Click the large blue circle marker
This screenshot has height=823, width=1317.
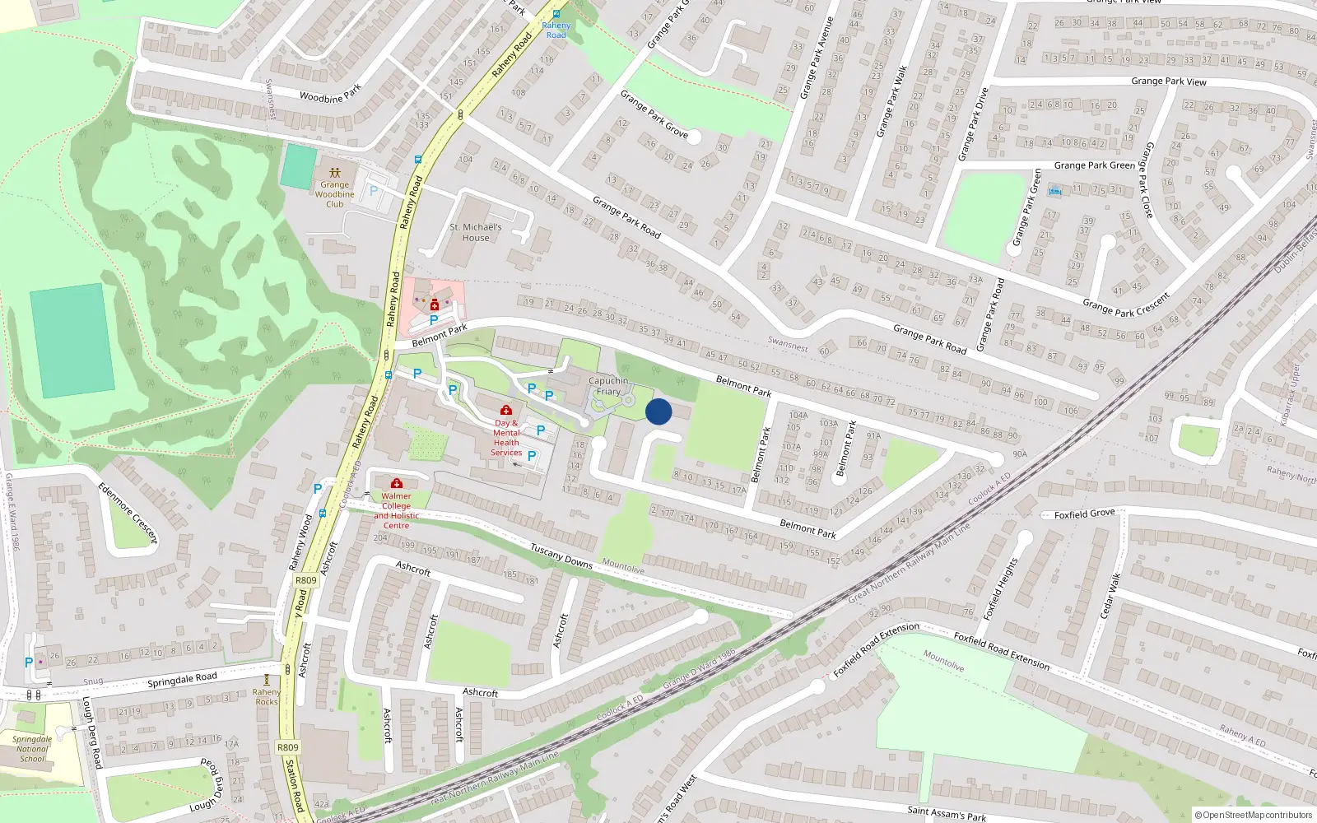(658, 411)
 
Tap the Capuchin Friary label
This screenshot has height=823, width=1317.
(608, 386)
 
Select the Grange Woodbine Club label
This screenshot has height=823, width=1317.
(334, 194)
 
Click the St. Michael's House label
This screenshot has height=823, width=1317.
(475, 232)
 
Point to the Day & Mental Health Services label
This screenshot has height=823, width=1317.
(506, 438)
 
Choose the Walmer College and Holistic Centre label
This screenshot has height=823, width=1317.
(396, 510)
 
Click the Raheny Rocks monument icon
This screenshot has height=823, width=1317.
(266, 680)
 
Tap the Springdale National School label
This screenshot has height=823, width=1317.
(32, 749)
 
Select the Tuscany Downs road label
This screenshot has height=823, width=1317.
(561, 556)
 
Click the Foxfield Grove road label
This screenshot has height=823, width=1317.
(1084, 514)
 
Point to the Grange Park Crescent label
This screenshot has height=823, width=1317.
(1125, 305)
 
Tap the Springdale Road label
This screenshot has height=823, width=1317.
(182, 680)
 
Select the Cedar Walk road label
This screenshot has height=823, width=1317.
(1110, 596)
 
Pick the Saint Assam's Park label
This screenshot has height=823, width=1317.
(946, 813)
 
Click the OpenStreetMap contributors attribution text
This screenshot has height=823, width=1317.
(1252, 815)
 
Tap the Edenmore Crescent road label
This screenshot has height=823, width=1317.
(128, 512)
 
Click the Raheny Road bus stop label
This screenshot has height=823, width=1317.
(556, 30)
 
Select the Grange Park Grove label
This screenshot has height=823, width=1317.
(654, 114)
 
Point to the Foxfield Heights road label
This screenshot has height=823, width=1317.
(1001, 589)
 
